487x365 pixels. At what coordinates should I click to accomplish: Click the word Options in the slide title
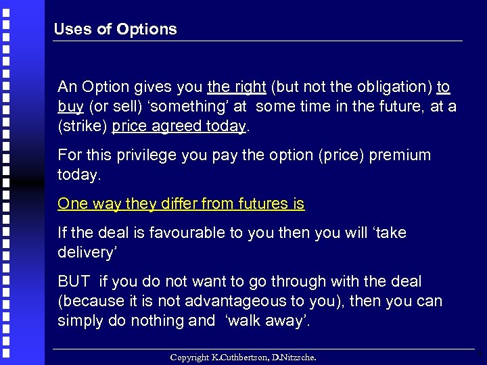pyautogui.click(x=147, y=29)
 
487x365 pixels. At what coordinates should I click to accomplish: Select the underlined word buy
pyautogui.click(x=70, y=107)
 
